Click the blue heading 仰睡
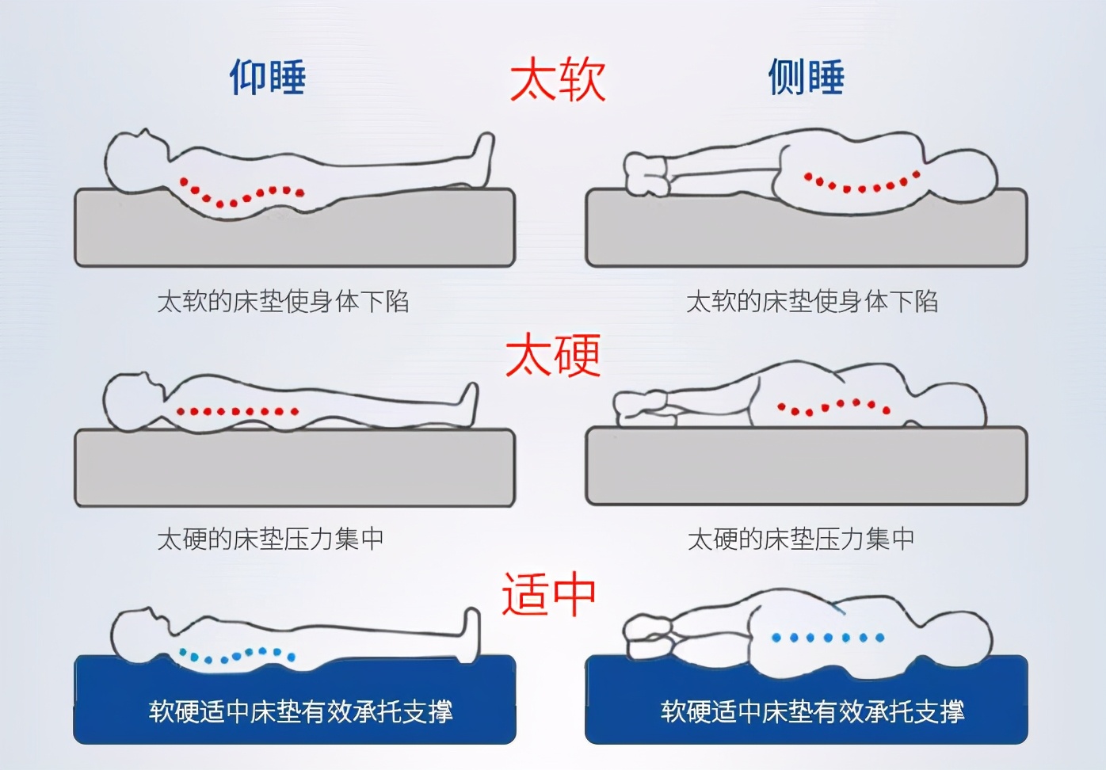tap(268, 78)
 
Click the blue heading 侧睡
tap(807, 78)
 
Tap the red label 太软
tap(558, 79)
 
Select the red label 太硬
tap(553, 355)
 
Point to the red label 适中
tap(548, 594)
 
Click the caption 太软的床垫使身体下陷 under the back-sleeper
tap(283, 302)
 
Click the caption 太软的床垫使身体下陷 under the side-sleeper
tap(812, 302)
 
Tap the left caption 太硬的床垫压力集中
tap(270, 539)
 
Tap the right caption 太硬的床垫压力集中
tap(801, 539)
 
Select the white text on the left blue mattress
tap(300, 711)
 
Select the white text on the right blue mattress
tap(812, 711)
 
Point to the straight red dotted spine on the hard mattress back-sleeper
tap(238, 411)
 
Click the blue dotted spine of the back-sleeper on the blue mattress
tap(238, 655)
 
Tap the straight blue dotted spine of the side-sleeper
tap(828, 637)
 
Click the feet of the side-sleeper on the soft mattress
tap(646, 174)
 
